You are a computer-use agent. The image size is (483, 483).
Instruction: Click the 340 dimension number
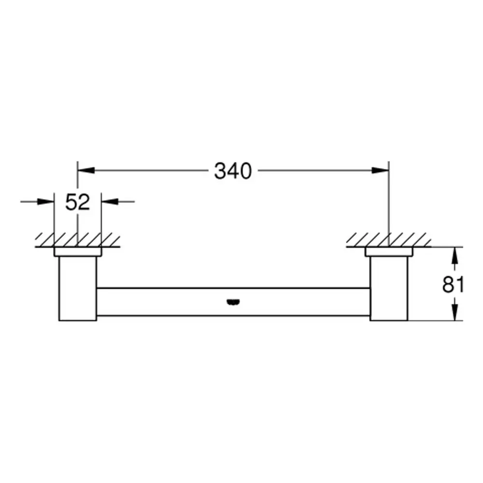point(233,171)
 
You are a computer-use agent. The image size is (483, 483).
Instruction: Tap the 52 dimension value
point(78,202)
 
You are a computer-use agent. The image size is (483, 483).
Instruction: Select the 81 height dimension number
point(453,284)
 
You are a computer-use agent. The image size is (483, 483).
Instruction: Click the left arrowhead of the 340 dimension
point(86,170)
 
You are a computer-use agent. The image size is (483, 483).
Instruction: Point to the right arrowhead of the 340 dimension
point(381,170)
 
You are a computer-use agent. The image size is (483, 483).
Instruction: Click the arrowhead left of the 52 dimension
point(45,202)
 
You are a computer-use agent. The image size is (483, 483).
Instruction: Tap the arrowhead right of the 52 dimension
point(110,202)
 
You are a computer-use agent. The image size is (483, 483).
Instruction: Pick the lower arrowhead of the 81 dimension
point(455,312)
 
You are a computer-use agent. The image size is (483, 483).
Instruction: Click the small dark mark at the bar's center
point(233,302)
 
